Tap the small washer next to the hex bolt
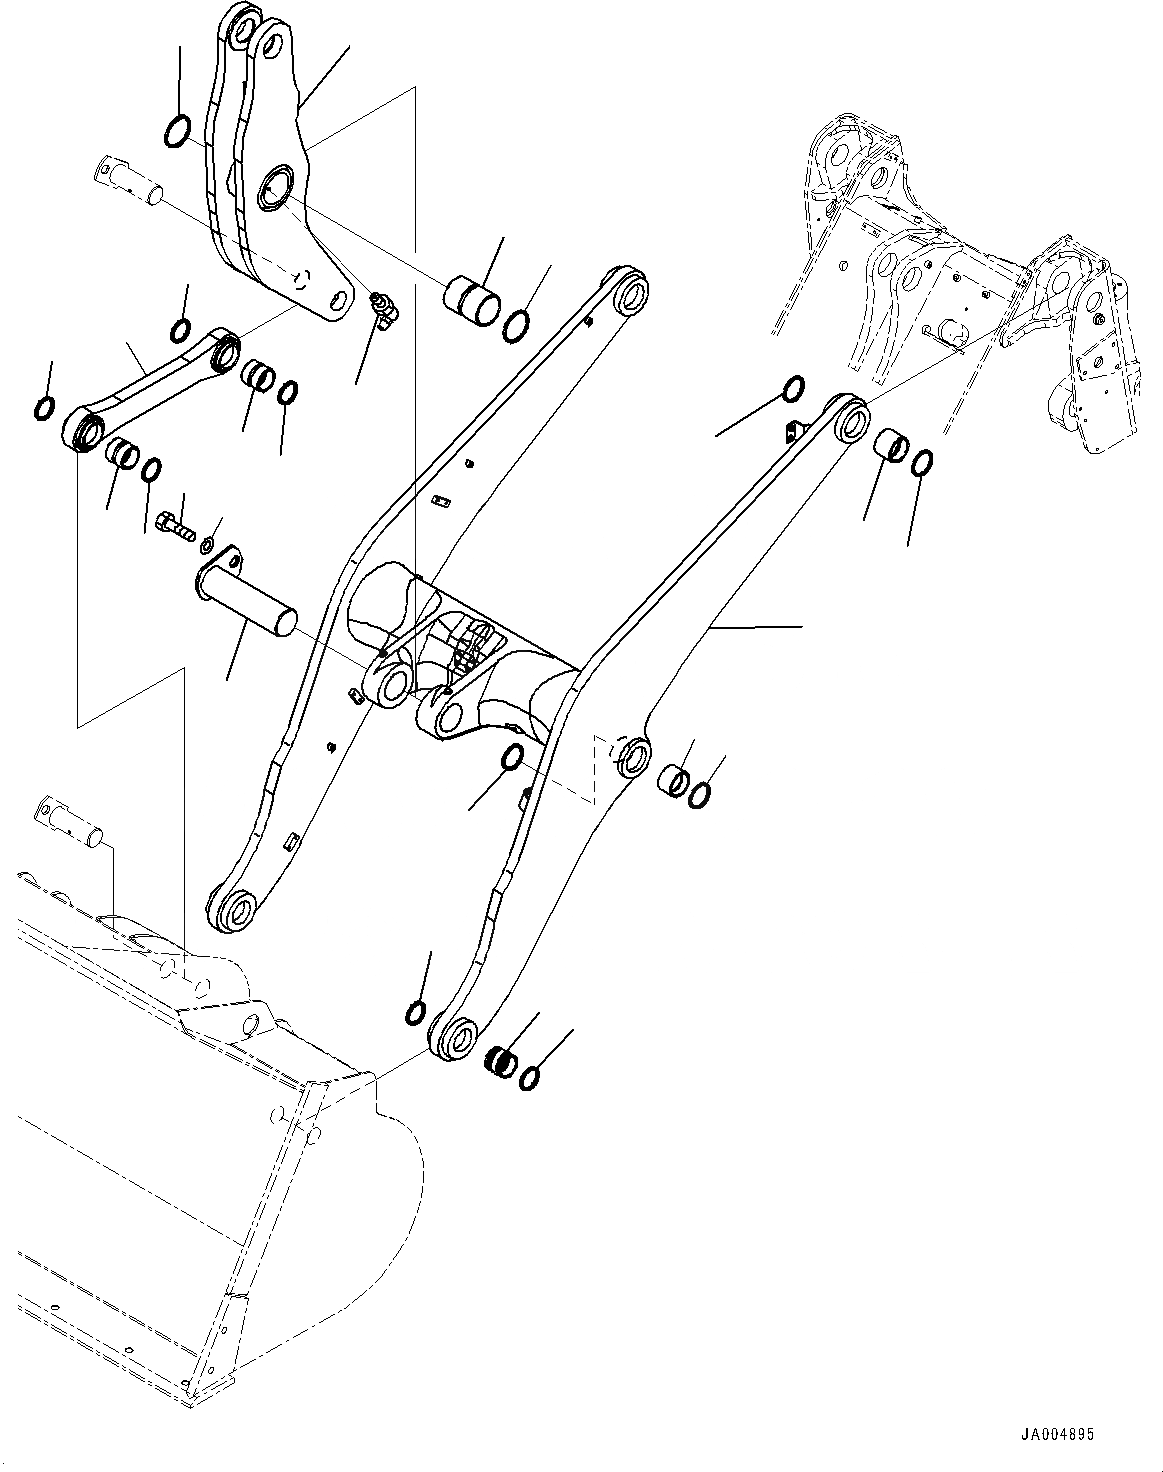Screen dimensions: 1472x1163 click(206, 545)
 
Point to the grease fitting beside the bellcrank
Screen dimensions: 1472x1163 click(383, 308)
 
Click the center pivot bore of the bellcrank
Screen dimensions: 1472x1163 click(272, 190)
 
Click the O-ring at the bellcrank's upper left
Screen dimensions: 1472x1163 click(176, 130)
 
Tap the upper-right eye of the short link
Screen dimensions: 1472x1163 click(226, 351)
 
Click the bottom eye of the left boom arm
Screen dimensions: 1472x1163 click(238, 911)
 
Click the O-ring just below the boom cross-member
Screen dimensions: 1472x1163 click(511, 758)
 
